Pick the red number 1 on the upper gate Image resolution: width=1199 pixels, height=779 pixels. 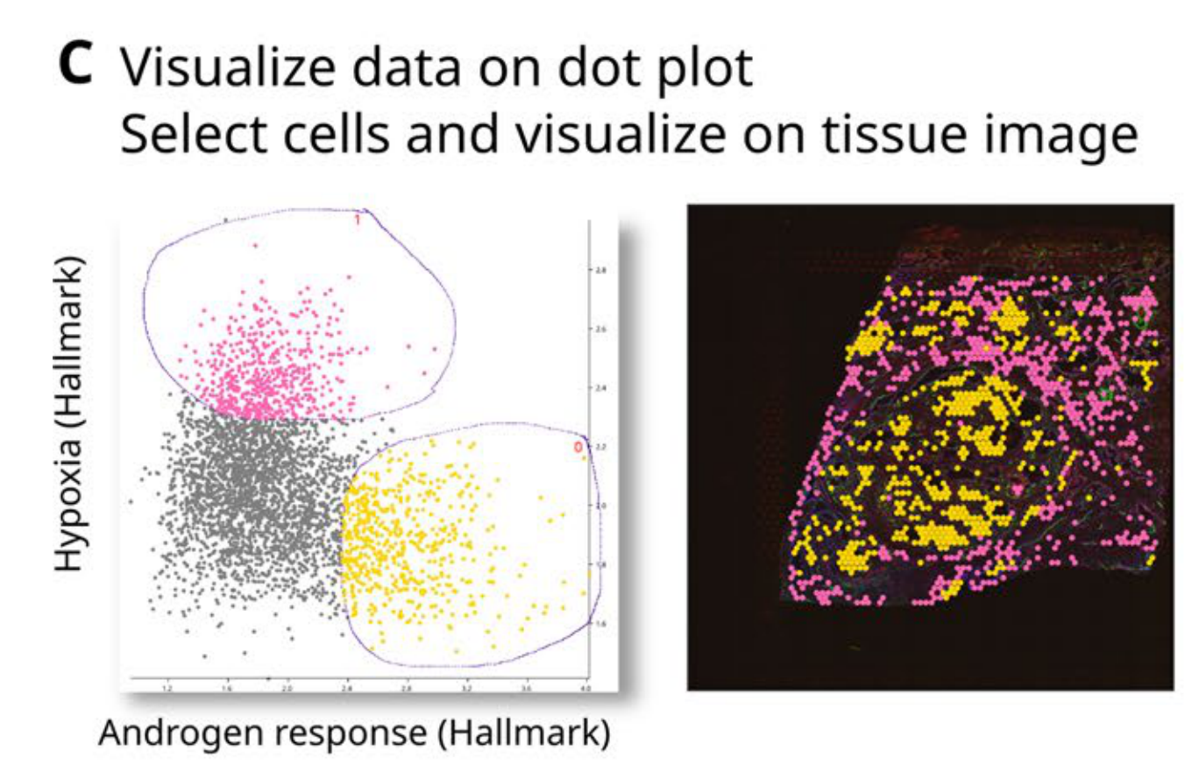pyautogui.click(x=358, y=220)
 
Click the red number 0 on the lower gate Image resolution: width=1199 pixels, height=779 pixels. pyautogui.click(x=578, y=448)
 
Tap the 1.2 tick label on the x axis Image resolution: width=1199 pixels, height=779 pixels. pyautogui.click(x=167, y=690)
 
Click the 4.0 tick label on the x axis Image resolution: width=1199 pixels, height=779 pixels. pyautogui.click(x=586, y=690)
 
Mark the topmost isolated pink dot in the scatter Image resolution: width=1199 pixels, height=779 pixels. pyautogui.click(x=255, y=245)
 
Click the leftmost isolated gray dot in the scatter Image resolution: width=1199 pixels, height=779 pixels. pyautogui.click(x=131, y=501)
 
